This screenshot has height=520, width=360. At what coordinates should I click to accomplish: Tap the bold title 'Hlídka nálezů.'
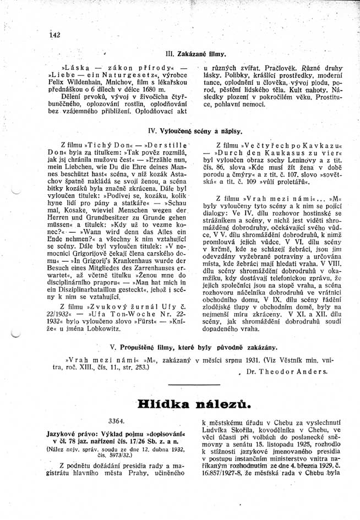(x=195, y=404)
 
